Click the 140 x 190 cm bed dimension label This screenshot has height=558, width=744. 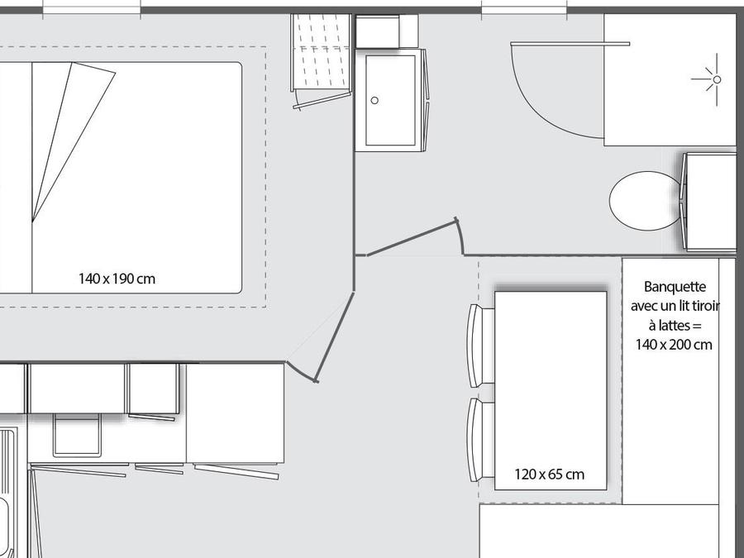pyautogui.click(x=117, y=279)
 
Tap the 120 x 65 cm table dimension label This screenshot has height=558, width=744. pyautogui.click(x=550, y=474)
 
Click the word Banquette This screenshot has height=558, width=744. pyautogui.click(x=675, y=287)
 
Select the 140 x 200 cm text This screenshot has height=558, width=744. pyautogui.click(x=674, y=345)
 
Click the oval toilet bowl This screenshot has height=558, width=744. pyautogui.click(x=646, y=201)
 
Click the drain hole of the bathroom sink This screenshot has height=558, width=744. pyautogui.click(x=374, y=101)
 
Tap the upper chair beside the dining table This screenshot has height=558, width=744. pyautogui.click(x=480, y=346)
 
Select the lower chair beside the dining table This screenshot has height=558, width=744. pyautogui.click(x=480, y=440)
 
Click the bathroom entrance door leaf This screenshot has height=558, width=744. pyautogui.click(x=412, y=239)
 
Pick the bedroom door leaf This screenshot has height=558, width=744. pyautogui.click(x=335, y=336)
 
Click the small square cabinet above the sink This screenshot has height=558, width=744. pyautogui.click(x=387, y=31)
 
